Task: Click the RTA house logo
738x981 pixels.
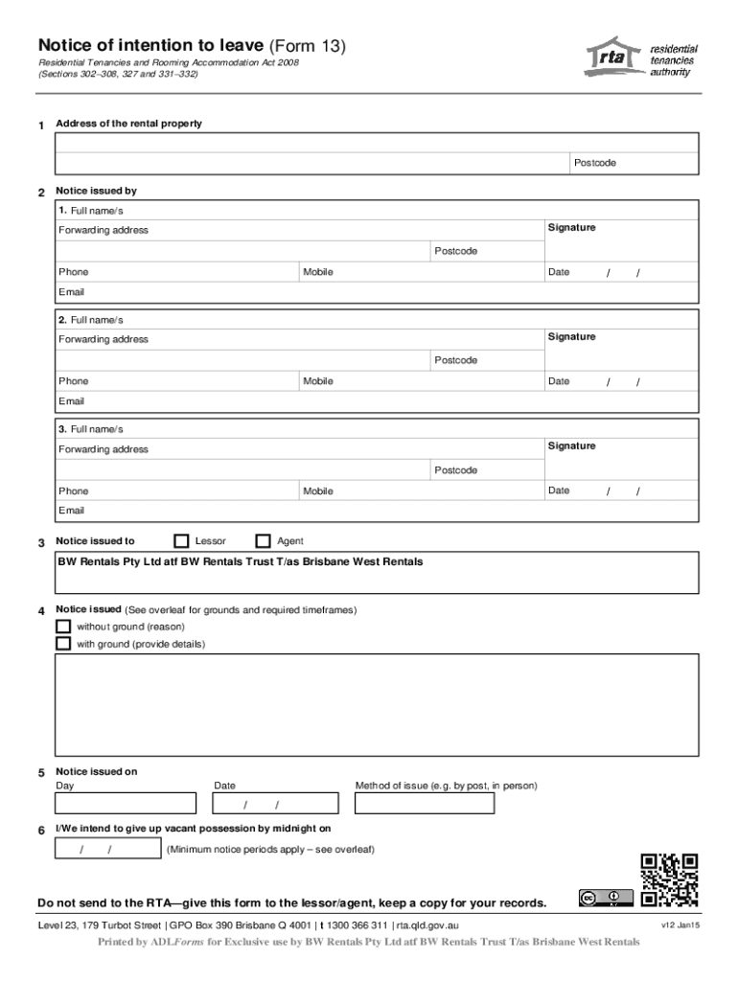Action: click(613, 57)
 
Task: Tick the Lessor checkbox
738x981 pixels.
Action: click(181, 541)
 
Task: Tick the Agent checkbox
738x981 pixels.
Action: click(263, 541)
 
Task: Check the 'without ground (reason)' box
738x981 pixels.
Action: click(63, 627)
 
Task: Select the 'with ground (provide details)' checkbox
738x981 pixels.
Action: click(63, 644)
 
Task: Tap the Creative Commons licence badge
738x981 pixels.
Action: click(605, 898)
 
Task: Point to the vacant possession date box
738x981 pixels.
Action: click(108, 850)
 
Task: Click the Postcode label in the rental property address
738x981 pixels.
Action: click(595, 163)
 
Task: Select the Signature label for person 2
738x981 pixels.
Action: click(571, 337)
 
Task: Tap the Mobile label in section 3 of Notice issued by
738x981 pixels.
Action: click(318, 491)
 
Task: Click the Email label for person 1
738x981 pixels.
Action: click(72, 292)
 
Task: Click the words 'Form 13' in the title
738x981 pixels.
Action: click(309, 46)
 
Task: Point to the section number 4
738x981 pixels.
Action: click(40, 611)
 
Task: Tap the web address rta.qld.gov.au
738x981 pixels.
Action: click(427, 925)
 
